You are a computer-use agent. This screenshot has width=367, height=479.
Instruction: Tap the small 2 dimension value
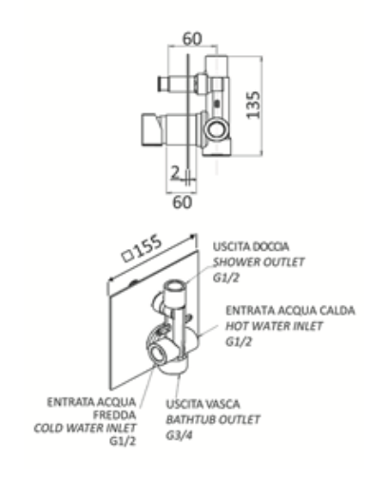click(178, 171)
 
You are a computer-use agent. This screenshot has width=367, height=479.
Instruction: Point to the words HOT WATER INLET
click(273, 326)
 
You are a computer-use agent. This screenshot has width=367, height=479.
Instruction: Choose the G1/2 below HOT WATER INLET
click(238, 342)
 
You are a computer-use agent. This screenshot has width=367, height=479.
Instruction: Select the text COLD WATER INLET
click(90, 428)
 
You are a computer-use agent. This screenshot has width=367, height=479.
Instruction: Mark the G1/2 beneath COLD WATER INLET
click(121, 442)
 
